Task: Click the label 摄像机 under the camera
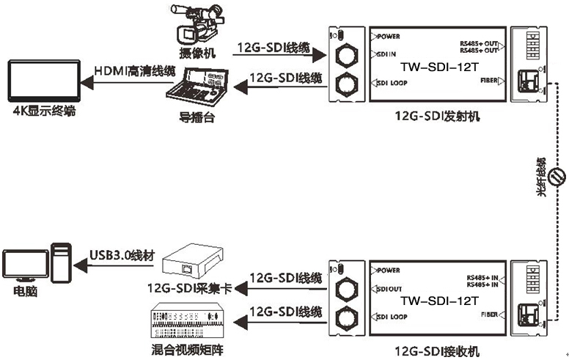click(197, 54)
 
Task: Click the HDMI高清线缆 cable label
click(136, 70)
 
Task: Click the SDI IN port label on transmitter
click(386, 55)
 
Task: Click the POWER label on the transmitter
click(387, 35)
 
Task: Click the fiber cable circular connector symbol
click(557, 175)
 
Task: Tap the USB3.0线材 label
click(122, 254)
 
